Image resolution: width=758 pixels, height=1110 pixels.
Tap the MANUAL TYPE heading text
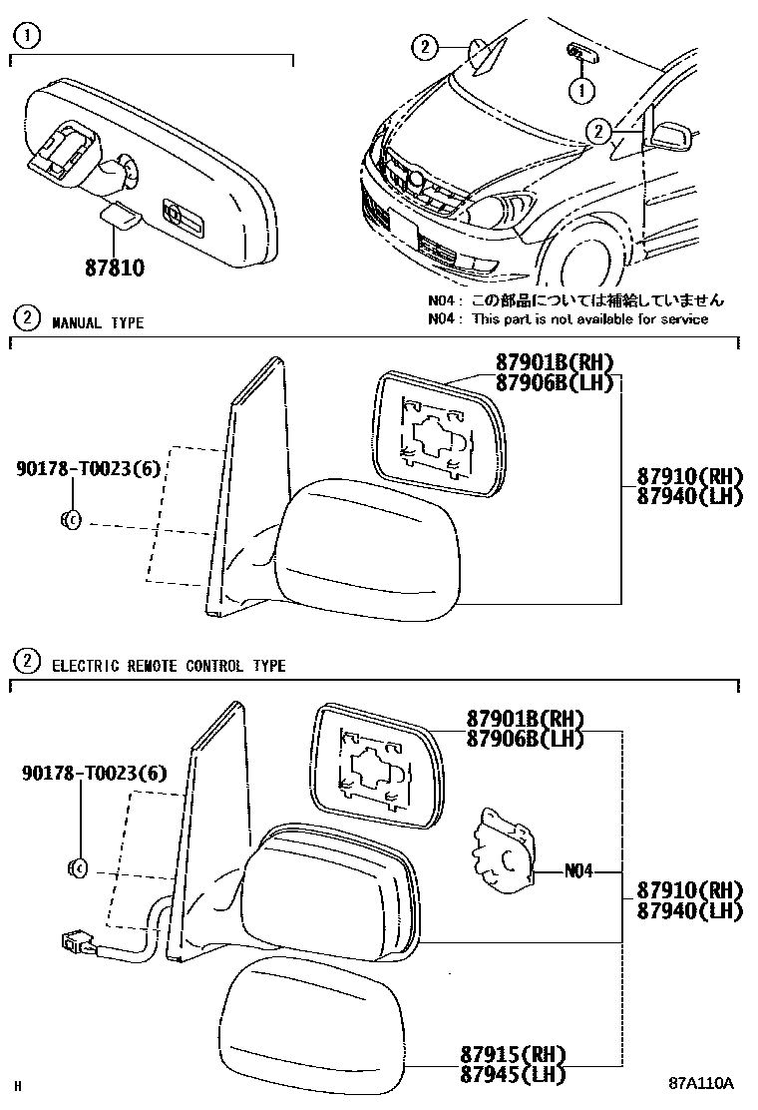click(x=98, y=322)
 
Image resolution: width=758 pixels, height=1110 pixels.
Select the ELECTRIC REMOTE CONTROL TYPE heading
click(x=169, y=666)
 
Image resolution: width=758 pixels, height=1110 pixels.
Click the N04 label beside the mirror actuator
click(x=578, y=870)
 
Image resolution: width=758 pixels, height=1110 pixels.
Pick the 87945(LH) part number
click(x=514, y=1074)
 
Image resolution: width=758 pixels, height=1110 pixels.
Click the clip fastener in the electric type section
click(x=79, y=868)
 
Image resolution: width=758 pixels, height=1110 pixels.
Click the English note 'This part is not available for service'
click(x=589, y=319)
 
